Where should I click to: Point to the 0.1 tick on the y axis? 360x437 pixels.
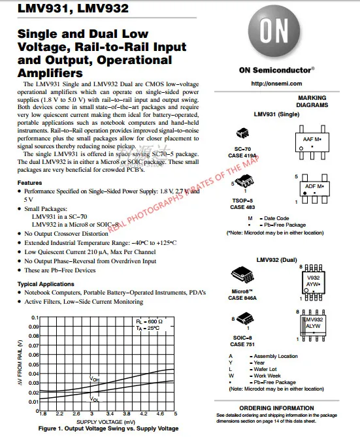click(x=33, y=317)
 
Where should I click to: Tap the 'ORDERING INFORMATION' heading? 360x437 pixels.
click(x=284, y=408)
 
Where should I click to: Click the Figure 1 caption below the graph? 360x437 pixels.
click(x=108, y=429)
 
